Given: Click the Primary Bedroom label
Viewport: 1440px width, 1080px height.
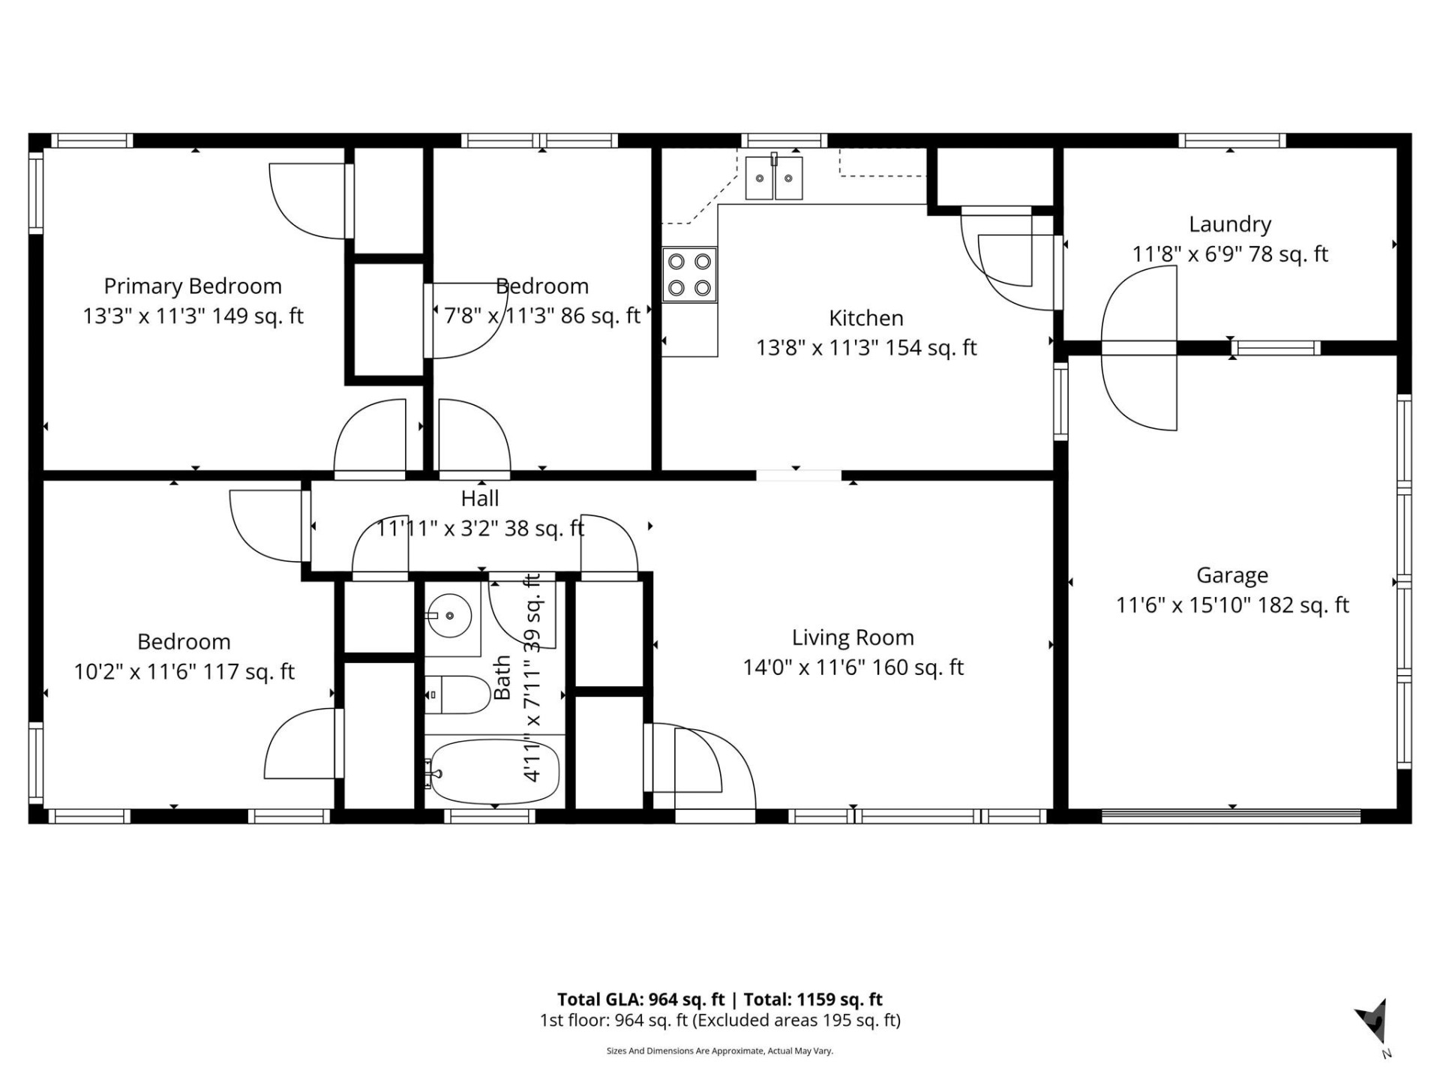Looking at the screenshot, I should point(193,286).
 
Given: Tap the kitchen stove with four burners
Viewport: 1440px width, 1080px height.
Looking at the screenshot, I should point(689,274).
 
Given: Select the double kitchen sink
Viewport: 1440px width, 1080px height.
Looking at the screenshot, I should point(773,178).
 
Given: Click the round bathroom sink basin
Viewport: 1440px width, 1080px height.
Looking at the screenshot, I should point(450,616).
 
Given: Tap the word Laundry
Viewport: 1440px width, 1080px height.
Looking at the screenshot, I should point(1230,224).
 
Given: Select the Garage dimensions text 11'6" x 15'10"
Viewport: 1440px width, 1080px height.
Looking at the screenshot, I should point(1183,605).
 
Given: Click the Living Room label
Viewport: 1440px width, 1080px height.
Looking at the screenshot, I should point(853,637).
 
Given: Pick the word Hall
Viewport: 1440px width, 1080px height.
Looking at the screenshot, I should point(480,498).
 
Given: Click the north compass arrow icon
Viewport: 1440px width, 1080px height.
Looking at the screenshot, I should point(1374,1022).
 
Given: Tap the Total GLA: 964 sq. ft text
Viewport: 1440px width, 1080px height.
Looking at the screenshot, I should point(640,1000).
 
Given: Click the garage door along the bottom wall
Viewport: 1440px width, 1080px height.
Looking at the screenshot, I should point(1230,812).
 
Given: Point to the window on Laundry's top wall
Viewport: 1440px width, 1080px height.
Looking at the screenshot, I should point(1231,140).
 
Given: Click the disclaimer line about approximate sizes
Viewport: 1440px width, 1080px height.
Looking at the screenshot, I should point(719,1051).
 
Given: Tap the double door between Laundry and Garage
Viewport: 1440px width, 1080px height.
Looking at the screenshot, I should point(1138,348).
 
